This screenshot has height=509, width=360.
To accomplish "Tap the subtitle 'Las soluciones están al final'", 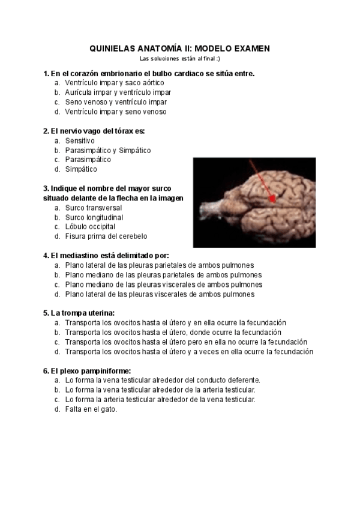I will click(x=180, y=58).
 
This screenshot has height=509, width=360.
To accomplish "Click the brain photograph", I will click(x=254, y=202).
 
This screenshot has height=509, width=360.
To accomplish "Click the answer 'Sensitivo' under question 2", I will click(x=80, y=140).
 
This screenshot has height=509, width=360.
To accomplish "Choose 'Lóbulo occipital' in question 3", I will click(x=90, y=227).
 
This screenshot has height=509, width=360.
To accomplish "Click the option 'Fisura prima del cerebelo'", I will click(x=106, y=236).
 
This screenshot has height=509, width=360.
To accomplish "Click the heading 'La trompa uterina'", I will click(x=79, y=313).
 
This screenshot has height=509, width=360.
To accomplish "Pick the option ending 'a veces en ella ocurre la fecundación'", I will click(x=189, y=352).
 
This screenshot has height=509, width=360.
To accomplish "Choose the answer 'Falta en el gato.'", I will click(x=91, y=409).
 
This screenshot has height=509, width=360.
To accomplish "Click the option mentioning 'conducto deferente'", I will click(x=162, y=380).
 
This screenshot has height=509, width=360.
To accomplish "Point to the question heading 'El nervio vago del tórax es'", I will click(x=94, y=130).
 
